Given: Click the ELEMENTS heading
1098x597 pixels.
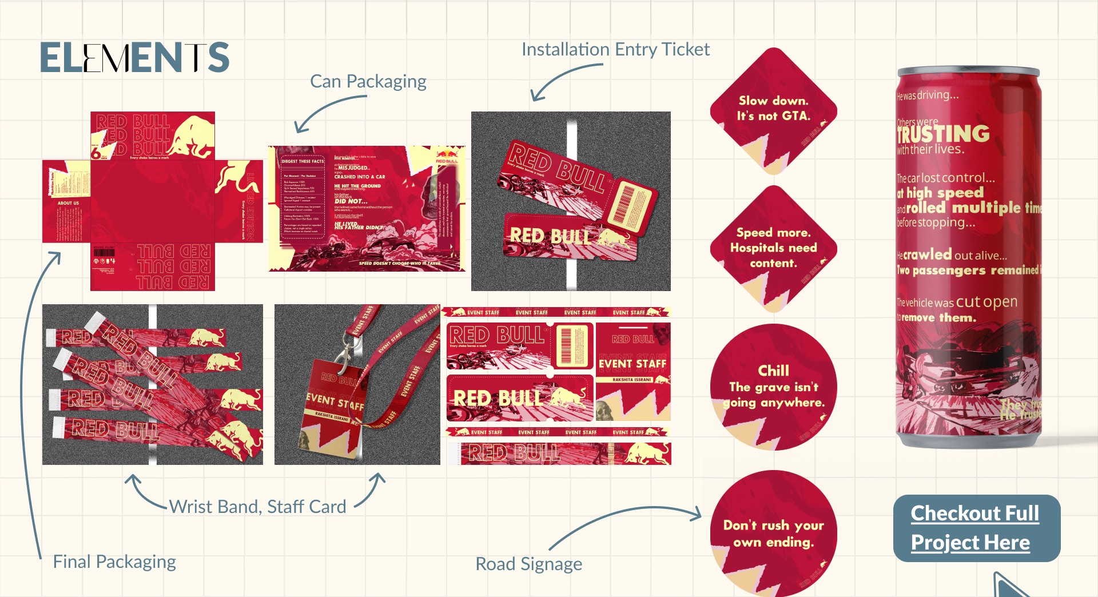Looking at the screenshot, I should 134,58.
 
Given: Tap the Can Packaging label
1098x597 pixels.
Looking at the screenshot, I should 368,81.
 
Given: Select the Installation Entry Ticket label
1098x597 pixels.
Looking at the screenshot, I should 615,50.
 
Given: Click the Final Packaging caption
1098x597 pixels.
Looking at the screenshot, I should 114,562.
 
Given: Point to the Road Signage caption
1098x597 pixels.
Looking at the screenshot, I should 528,564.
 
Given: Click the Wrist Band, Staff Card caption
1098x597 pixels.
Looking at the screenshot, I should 257,507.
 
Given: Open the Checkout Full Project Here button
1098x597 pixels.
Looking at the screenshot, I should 976,528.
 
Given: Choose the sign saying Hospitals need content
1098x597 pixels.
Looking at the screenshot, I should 773,248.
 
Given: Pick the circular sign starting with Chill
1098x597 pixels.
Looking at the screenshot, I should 773,387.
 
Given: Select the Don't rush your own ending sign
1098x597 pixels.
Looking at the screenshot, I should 773,534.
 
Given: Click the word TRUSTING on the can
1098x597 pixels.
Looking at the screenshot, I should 944,134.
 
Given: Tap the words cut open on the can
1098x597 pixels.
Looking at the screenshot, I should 986,301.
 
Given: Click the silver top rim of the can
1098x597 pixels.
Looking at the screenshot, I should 968,72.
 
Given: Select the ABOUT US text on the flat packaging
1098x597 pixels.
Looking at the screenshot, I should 68,203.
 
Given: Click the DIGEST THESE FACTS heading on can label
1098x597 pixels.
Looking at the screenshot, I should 303,161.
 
